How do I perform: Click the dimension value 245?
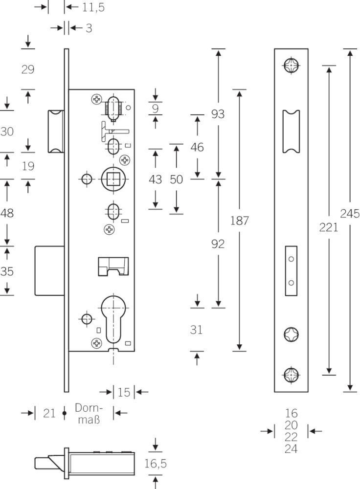[350, 214]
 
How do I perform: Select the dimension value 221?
[329, 227]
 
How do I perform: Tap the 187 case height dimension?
[239, 221]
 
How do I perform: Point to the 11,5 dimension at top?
[93, 7]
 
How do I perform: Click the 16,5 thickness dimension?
[156, 464]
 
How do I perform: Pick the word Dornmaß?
[89, 414]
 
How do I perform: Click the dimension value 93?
[218, 114]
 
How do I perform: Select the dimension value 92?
[218, 244]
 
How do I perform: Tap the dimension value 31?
[196, 330]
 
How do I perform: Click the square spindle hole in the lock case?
[113, 179]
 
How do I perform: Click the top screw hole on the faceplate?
[292, 66]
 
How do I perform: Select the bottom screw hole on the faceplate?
[292, 375]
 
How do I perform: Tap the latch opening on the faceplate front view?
[291, 132]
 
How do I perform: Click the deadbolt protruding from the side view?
[49, 271]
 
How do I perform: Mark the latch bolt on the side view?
[56, 132]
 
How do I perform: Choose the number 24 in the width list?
[291, 449]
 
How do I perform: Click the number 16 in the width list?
[291, 413]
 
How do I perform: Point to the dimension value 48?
[7, 213]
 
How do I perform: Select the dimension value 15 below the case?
[124, 392]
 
